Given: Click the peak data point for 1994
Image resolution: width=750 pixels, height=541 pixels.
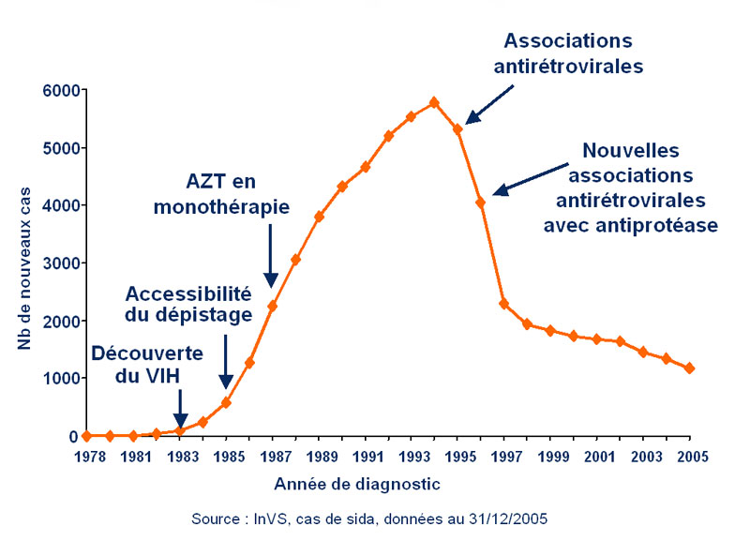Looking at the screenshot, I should click(x=434, y=102).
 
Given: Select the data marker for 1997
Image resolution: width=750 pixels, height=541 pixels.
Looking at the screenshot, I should click(x=503, y=304).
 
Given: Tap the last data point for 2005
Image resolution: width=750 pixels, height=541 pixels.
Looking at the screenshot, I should click(x=689, y=368).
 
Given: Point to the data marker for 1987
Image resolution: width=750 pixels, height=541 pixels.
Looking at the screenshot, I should click(x=272, y=306).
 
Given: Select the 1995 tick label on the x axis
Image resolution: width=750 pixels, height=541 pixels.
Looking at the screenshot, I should click(x=457, y=457).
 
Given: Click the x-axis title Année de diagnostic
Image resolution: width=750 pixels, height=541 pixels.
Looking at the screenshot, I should click(x=356, y=485).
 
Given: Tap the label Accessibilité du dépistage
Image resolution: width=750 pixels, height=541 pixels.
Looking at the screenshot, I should click(x=187, y=302).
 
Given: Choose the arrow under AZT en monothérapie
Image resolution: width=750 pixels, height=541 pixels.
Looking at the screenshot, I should click(x=271, y=255).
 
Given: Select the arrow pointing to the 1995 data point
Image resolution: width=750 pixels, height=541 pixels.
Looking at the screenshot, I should click(x=490, y=103).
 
